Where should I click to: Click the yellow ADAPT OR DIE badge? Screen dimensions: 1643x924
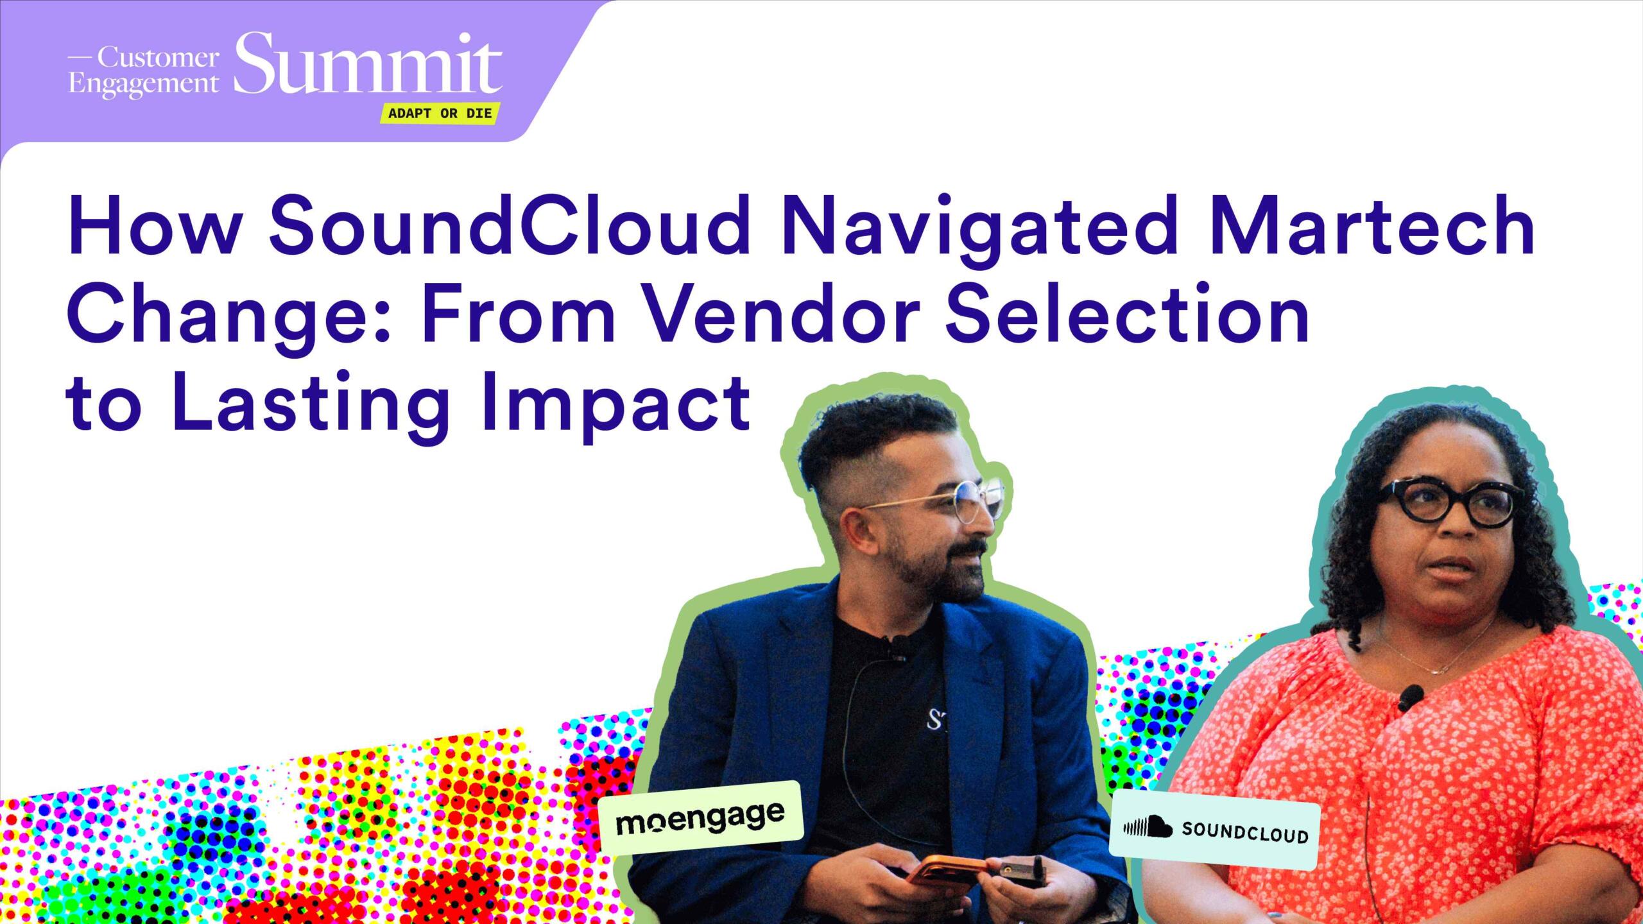point(440,114)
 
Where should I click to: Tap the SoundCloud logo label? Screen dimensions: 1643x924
point(1215,830)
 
